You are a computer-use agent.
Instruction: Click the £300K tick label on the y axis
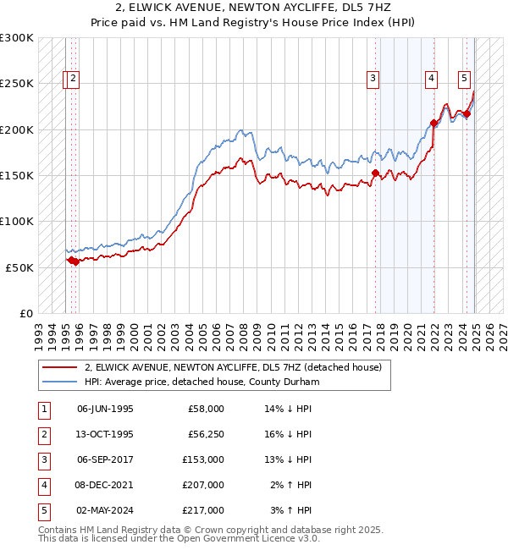click(17, 38)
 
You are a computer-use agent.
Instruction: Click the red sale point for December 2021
click(433, 123)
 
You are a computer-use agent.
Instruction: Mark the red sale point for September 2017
click(376, 173)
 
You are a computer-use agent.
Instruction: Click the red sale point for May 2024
click(467, 113)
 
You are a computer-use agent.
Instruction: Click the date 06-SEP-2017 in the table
click(105, 459)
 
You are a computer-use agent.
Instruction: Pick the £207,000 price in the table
click(203, 485)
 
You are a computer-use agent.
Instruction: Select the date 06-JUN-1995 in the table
click(105, 409)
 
